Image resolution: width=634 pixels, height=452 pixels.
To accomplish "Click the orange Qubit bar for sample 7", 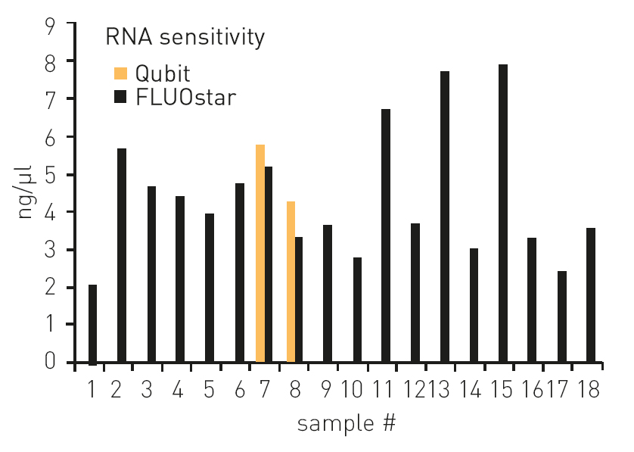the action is pyautogui.click(x=260, y=253).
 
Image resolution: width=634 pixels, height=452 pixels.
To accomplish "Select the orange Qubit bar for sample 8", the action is pyautogui.click(x=291, y=282).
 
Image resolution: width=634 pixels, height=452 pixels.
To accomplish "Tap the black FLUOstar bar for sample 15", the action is pyautogui.click(x=503, y=214).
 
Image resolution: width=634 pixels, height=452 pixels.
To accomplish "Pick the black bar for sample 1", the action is pyautogui.click(x=92, y=325).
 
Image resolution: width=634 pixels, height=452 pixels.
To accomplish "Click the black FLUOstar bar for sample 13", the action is pyautogui.click(x=445, y=217).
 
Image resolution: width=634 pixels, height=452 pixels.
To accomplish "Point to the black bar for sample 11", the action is pyautogui.click(x=386, y=235).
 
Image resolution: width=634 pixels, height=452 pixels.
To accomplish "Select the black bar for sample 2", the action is pyautogui.click(x=122, y=255).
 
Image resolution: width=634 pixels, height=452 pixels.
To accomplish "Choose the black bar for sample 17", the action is pyautogui.click(x=562, y=316).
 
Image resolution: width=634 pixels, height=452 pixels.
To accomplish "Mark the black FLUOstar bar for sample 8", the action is pyautogui.click(x=299, y=300).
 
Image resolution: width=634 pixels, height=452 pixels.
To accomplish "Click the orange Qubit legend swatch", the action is pyautogui.click(x=120, y=73).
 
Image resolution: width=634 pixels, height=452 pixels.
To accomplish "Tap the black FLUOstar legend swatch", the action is pyautogui.click(x=120, y=97).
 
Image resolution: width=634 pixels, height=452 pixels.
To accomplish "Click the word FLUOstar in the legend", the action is pyautogui.click(x=185, y=97).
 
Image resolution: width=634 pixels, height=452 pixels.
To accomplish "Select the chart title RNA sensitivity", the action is pyautogui.click(x=185, y=37).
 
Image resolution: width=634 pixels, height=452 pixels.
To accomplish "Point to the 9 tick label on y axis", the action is pyautogui.click(x=50, y=26).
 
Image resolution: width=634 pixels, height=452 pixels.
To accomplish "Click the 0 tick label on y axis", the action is pyautogui.click(x=50, y=360).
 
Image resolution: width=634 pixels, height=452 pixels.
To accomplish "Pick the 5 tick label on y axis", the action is pyautogui.click(x=50, y=174).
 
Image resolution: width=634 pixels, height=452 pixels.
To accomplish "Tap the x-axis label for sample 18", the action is pyautogui.click(x=589, y=389).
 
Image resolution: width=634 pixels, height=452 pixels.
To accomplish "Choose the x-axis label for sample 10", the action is pyautogui.click(x=352, y=389).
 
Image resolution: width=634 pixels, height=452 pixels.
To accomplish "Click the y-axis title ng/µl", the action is pyautogui.click(x=26, y=192).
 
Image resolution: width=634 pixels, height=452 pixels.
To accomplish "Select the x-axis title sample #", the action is pyautogui.click(x=347, y=424).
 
